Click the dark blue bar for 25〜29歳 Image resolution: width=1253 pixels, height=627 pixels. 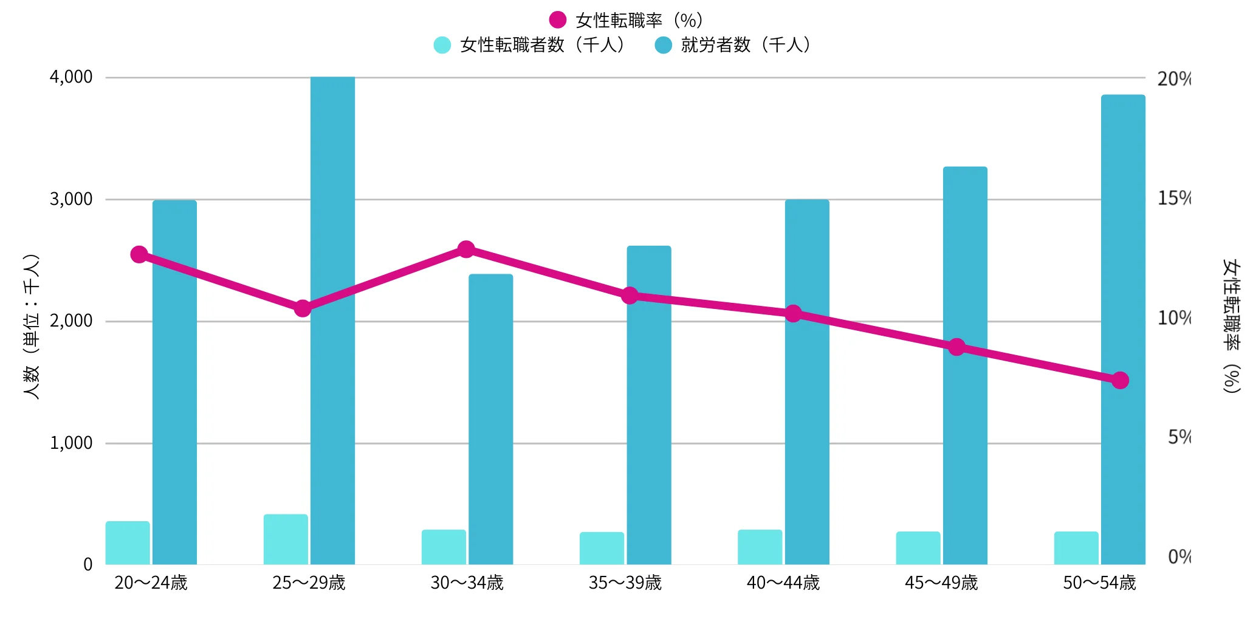pyautogui.click(x=332, y=320)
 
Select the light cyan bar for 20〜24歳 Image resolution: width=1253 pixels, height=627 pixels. pyautogui.click(x=128, y=543)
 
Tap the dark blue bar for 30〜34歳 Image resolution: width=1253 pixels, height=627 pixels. pyautogui.click(x=490, y=420)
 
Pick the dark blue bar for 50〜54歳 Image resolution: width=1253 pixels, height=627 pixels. pyautogui.click(x=1123, y=330)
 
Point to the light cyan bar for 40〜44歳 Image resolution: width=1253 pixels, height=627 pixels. pyautogui.click(x=760, y=547)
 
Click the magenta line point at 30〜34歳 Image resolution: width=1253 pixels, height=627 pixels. pyautogui.click(x=466, y=249)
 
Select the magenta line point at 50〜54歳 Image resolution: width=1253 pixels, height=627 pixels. pyautogui.click(x=1120, y=381)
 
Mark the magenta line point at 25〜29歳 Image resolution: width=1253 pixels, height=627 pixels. pyautogui.click(x=303, y=308)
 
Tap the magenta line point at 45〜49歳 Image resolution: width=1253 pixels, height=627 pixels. pyautogui.click(x=957, y=347)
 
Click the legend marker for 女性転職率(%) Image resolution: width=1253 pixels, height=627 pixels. pyautogui.click(x=557, y=20)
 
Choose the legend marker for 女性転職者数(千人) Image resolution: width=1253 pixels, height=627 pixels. pyautogui.click(x=442, y=45)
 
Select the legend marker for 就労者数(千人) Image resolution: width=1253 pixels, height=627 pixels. pyautogui.click(x=663, y=45)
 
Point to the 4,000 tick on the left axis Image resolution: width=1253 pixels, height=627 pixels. pyautogui.click(x=71, y=77)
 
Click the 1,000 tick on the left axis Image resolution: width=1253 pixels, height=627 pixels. pyautogui.click(x=71, y=443)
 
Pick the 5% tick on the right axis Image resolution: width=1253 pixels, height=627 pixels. pyautogui.click(x=1179, y=437)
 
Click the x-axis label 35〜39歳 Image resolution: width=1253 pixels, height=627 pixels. pyautogui.click(x=625, y=583)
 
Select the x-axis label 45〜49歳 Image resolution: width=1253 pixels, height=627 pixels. pyautogui.click(x=941, y=583)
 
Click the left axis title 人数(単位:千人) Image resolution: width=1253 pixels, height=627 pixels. pyautogui.click(x=31, y=327)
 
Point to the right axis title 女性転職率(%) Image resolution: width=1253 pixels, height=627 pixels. pyautogui.click(x=1231, y=327)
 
